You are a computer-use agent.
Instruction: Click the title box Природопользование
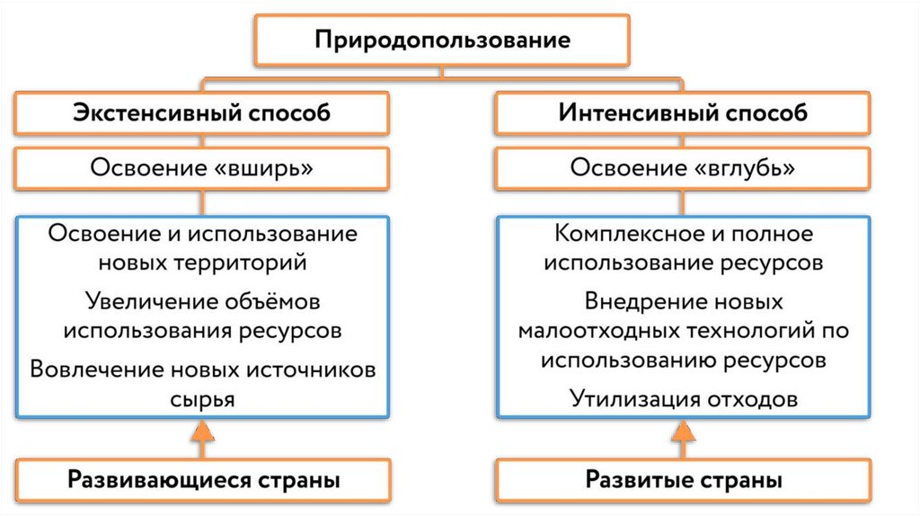click(440, 40)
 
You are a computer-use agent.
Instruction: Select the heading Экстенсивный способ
click(202, 114)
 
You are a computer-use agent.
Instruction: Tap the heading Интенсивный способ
click(683, 114)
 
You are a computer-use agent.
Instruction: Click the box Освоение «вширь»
click(202, 168)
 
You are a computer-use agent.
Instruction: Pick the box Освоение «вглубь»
click(683, 168)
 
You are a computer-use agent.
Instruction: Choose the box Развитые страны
click(683, 480)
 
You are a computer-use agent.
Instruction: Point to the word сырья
click(203, 398)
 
